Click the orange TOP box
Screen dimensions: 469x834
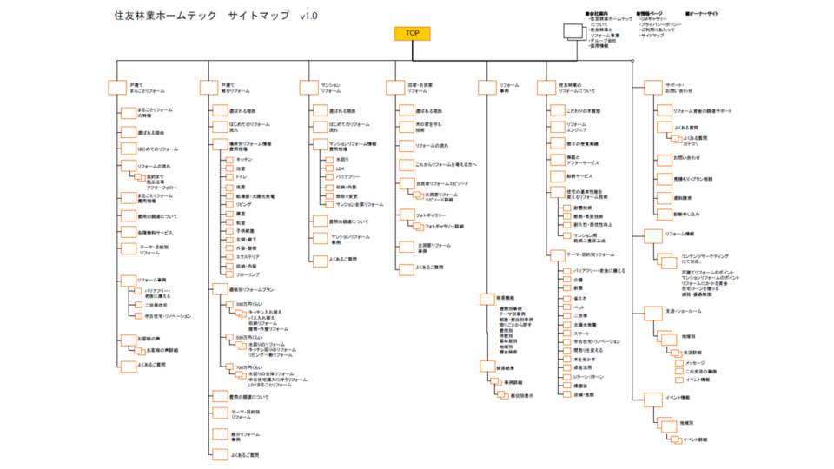point(412,33)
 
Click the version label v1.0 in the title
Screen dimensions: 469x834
point(308,17)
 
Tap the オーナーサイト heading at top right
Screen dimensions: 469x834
point(705,13)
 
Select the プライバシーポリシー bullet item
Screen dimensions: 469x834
point(663,23)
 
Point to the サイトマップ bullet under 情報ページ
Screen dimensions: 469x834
point(652,36)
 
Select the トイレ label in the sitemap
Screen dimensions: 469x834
point(241,176)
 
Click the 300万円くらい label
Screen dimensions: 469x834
point(248,304)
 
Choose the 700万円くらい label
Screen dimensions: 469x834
point(248,368)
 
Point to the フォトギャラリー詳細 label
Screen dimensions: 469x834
point(443,226)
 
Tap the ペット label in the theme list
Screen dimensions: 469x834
point(579,307)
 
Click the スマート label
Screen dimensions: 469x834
point(581,334)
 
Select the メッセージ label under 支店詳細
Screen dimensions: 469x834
point(697,362)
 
